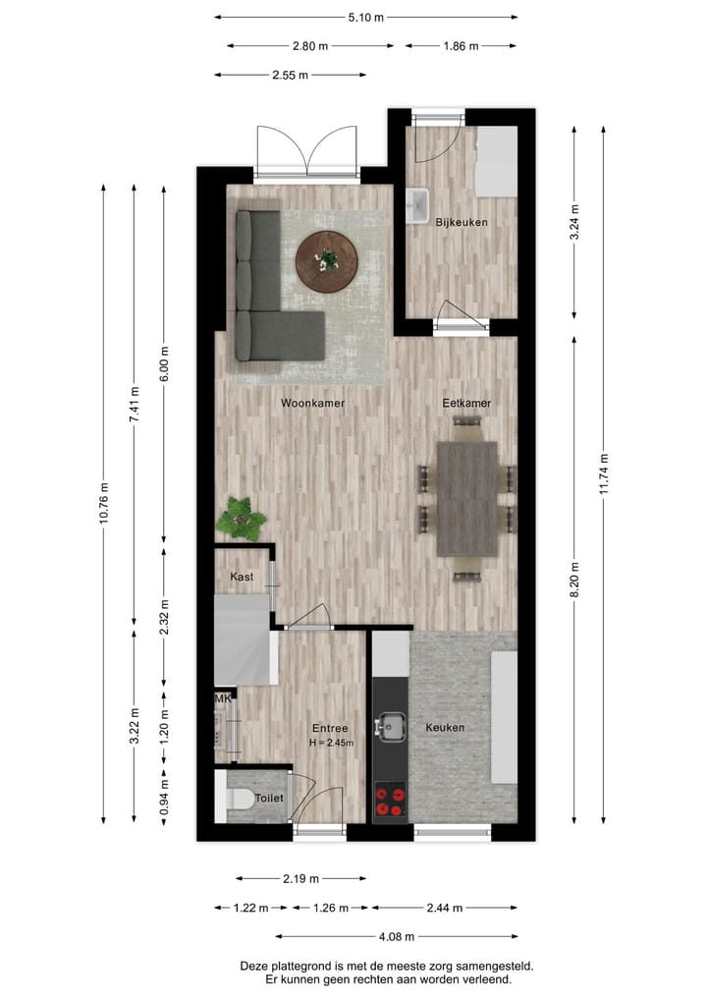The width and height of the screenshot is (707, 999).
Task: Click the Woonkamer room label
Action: tap(312, 404)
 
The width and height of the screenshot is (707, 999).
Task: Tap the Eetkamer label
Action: tap(466, 404)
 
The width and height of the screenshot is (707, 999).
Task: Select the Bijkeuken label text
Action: tap(462, 223)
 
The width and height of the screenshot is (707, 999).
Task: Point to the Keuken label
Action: tap(445, 728)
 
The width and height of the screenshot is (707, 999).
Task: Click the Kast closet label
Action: tap(242, 578)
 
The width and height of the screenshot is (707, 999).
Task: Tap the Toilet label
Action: tap(269, 799)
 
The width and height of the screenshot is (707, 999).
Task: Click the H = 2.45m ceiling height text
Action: tap(330, 743)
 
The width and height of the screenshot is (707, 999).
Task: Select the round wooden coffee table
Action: tap(327, 261)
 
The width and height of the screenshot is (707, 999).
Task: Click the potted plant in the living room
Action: tap(241, 518)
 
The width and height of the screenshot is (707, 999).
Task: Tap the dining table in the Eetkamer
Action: tap(467, 498)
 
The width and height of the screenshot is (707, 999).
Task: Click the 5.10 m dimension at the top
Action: tap(366, 17)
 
